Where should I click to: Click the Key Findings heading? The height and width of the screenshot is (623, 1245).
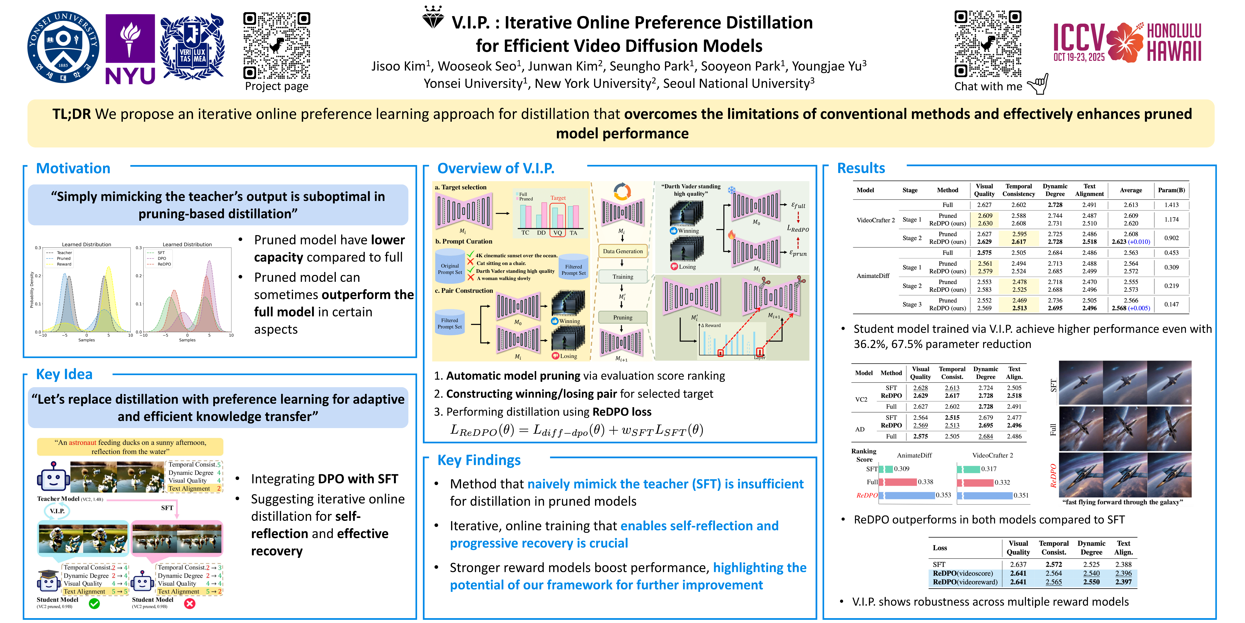(479, 460)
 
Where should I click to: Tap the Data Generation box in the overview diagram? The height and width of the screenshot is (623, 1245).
(622, 252)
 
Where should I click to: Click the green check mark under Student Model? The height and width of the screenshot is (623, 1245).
(95, 604)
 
